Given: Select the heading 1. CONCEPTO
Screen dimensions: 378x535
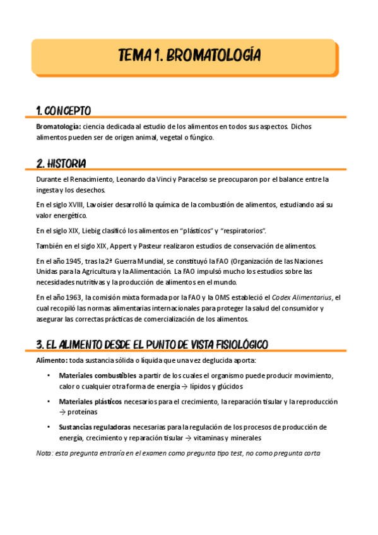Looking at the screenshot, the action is pyautogui.click(x=64, y=111).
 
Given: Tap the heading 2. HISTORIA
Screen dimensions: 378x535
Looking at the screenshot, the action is pyautogui.click(x=61, y=164).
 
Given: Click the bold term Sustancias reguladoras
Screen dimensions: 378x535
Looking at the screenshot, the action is pyautogui.click(x=95, y=427).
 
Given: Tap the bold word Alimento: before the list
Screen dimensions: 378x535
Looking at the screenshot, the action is pyautogui.click(x=53, y=360).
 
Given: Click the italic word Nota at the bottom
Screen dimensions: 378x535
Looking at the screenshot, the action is pyautogui.click(x=45, y=453).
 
